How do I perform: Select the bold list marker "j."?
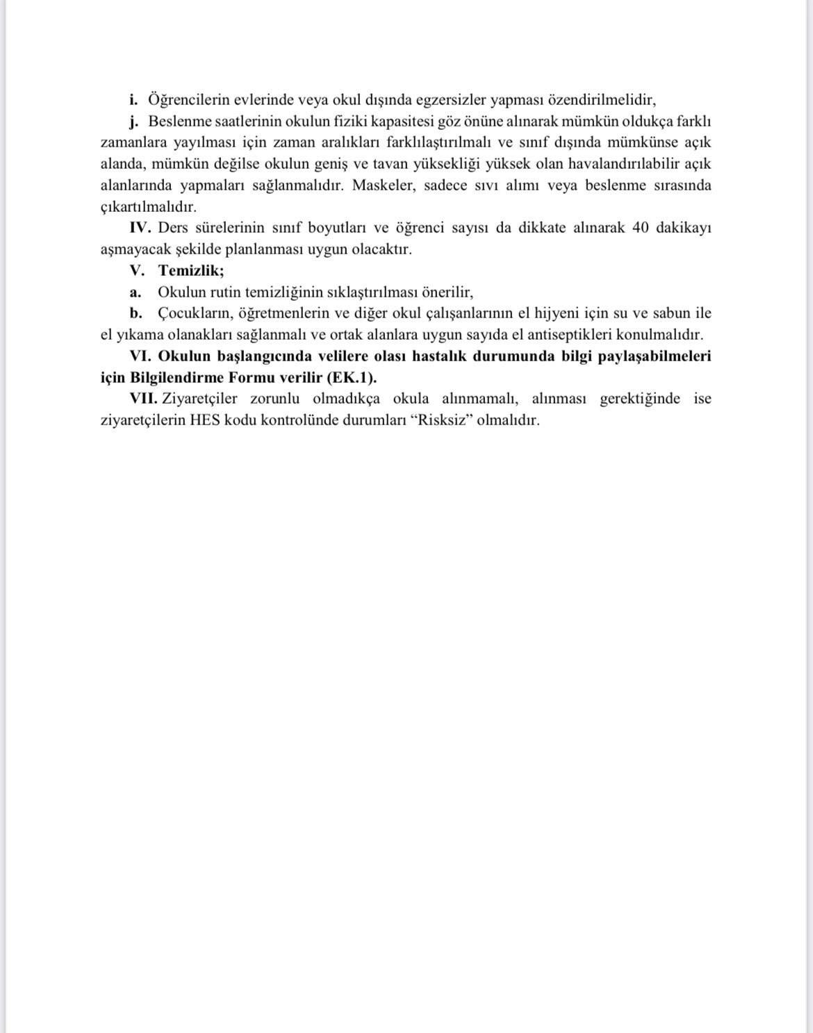pyautogui.click(x=133, y=121)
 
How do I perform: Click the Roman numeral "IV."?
pyautogui.click(x=140, y=228)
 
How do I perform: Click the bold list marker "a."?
pyautogui.click(x=135, y=292)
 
